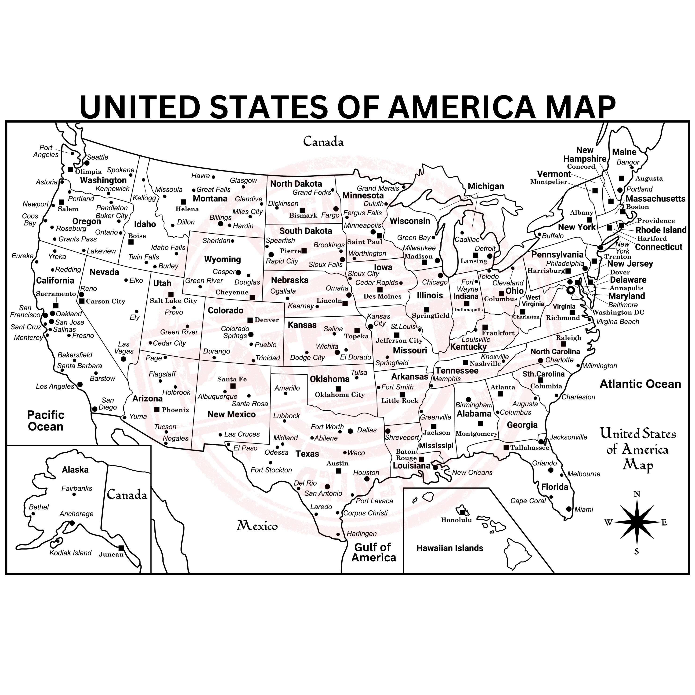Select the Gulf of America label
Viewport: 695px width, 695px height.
point(373,552)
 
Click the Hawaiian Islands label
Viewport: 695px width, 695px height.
point(450,548)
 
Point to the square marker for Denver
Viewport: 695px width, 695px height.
point(250,320)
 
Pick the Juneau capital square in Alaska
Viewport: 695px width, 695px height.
point(121,548)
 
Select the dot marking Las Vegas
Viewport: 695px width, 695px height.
point(123,359)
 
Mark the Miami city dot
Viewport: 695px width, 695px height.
point(568,509)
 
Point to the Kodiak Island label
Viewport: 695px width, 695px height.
point(70,553)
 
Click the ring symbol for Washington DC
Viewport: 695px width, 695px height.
point(571,290)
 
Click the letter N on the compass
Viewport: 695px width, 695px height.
point(637,494)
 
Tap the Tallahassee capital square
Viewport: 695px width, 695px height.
point(506,447)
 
